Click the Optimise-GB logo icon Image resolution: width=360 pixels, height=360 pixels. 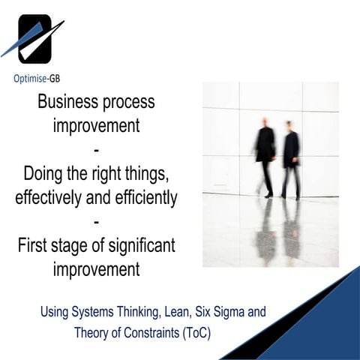point(34,39)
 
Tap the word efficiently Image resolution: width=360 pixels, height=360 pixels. point(142,198)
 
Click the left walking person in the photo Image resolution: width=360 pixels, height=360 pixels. point(265,154)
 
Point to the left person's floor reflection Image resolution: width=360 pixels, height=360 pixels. point(265,229)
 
